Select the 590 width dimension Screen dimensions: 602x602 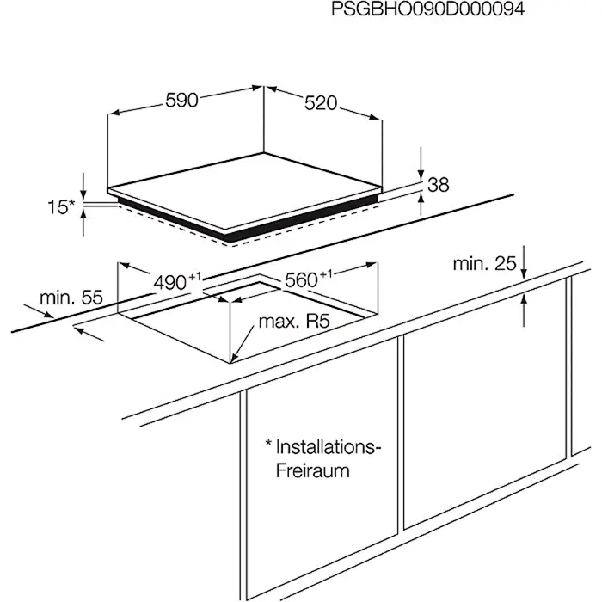tap(182, 101)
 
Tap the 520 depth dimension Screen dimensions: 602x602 tap(320, 104)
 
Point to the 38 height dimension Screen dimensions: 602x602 tap(439, 184)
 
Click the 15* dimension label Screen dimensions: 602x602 tap(61, 206)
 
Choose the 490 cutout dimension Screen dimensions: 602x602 tap(170, 282)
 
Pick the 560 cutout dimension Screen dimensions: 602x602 tap(301, 279)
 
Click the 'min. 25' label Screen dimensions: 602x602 tap(484, 263)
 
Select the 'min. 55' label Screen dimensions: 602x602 tap(71, 298)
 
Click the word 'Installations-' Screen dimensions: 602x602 tap(328, 447)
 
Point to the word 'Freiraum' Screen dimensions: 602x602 tap(313, 471)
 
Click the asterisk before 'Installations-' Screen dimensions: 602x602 tap(268, 445)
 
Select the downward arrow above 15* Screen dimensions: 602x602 tap(83, 187)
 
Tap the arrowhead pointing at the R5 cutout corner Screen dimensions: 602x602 tap(236, 354)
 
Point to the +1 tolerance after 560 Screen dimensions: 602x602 tap(327, 273)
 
